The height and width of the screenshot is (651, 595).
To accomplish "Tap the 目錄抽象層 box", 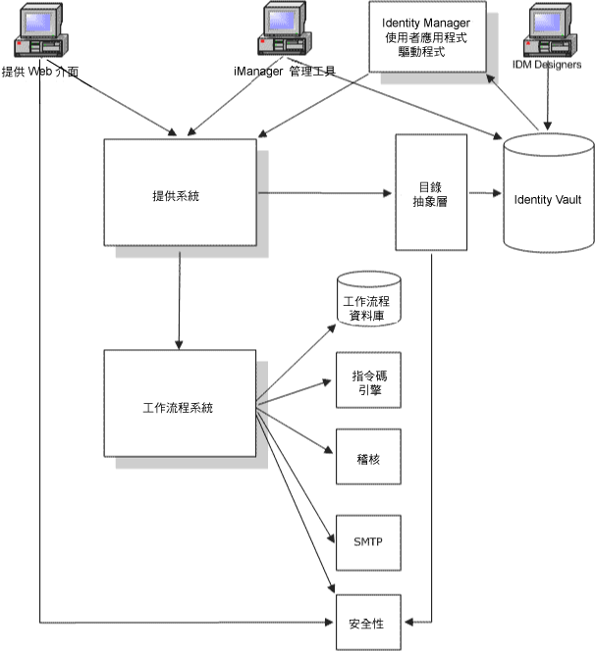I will (431, 192).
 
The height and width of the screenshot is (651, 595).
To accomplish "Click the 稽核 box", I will (369, 457).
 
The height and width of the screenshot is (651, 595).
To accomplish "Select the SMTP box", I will (369, 538).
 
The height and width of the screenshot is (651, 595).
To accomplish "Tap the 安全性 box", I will (369, 622).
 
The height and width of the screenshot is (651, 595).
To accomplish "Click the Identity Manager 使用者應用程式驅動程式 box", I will (426, 37).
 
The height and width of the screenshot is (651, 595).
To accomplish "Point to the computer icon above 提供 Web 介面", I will (39, 34).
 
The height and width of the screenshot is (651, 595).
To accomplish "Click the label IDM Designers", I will (547, 65).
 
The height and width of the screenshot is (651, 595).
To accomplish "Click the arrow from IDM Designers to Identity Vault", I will (546, 103).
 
